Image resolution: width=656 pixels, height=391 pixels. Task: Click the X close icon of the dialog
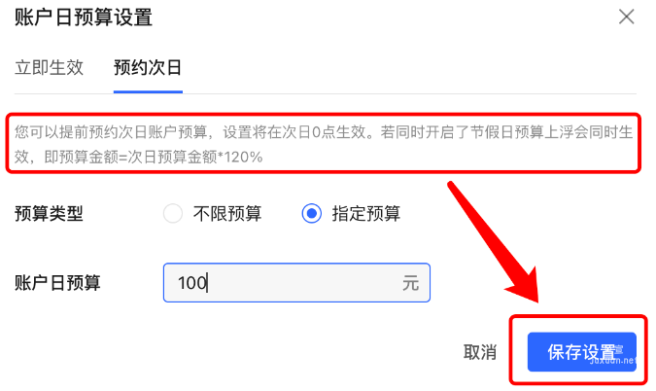tap(627, 17)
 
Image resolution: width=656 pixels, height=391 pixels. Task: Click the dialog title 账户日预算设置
tap(84, 17)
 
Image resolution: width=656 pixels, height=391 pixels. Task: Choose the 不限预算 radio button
tap(173, 214)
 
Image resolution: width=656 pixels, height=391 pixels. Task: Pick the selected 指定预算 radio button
tap(311, 214)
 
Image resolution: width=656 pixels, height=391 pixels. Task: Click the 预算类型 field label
tap(49, 214)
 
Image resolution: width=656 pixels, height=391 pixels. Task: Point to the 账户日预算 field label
tap(57, 283)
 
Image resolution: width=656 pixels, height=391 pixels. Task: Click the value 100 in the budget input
tap(192, 283)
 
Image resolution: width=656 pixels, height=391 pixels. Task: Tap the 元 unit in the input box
tap(410, 284)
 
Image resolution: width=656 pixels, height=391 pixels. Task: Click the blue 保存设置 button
tap(581, 352)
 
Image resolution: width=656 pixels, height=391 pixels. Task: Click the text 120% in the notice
tap(242, 157)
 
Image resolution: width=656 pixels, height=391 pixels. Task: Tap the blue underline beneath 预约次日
tap(148, 91)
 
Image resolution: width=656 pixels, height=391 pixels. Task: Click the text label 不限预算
tap(227, 214)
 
